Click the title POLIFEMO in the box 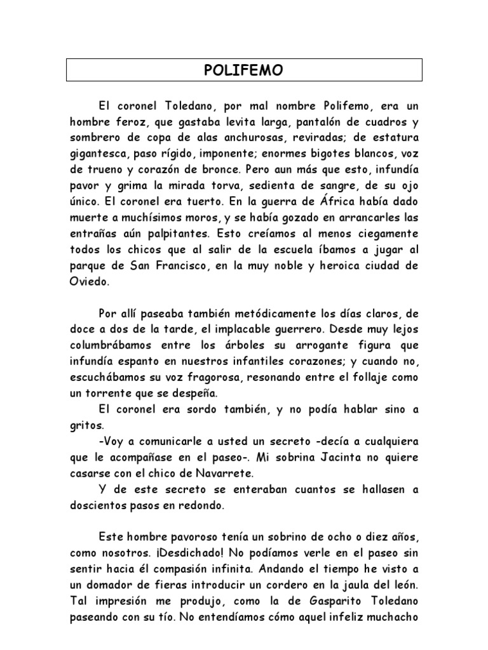244,70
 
